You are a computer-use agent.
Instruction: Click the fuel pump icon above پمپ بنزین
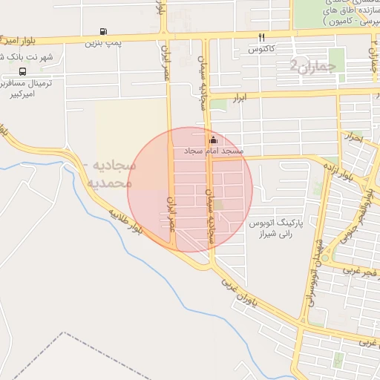coord(102,32)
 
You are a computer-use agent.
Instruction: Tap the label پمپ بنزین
coord(102,44)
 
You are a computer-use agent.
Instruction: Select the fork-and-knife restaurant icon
coord(261,37)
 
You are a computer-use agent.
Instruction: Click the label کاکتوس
coord(261,49)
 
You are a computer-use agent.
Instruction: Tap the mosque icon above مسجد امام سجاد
coord(214,140)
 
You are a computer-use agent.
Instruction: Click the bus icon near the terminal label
coord(23,72)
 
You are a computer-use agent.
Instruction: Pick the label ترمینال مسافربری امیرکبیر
coord(30,89)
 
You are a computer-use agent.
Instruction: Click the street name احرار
coord(353,137)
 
